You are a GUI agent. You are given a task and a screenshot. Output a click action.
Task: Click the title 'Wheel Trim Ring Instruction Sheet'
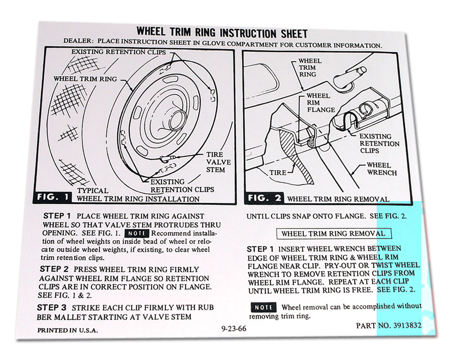tap(222, 33)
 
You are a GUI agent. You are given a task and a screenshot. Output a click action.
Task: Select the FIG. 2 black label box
tap(264, 198)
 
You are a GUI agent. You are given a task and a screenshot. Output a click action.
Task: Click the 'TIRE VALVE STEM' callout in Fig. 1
tap(218, 162)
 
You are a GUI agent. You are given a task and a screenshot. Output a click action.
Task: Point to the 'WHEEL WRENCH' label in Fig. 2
tap(381, 169)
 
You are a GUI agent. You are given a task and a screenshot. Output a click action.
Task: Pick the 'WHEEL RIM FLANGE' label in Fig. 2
tap(321, 103)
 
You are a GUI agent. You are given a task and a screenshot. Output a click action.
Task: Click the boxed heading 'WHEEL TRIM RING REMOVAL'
tap(333, 234)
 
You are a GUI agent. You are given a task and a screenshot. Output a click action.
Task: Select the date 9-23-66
tap(234, 329)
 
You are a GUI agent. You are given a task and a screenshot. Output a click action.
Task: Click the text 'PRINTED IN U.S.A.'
tap(67, 330)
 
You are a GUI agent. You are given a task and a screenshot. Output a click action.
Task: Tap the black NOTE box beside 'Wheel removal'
tap(263, 307)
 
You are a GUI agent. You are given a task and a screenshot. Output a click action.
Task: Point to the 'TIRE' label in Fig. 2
tap(278, 173)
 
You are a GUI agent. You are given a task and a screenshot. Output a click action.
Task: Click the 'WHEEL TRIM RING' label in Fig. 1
tap(85, 79)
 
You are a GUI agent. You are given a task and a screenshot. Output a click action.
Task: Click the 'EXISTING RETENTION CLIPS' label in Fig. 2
tap(379, 143)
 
